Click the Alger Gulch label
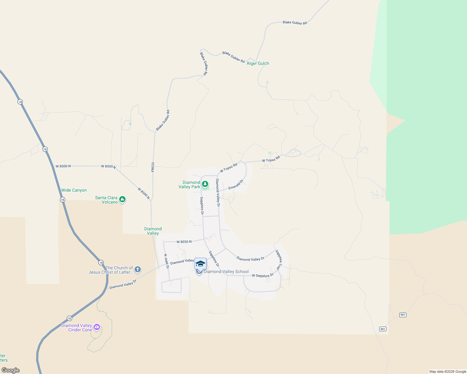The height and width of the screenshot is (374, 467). [x=258, y=64]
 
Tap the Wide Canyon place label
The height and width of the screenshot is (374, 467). [x=74, y=190]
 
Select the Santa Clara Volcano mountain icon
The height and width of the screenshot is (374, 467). [x=122, y=199]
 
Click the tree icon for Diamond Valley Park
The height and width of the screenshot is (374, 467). [x=205, y=184]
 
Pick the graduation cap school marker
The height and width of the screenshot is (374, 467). [x=200, y=264]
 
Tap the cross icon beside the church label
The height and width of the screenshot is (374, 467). [x=138, y=269]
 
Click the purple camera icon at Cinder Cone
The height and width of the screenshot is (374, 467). [x=97, y=327]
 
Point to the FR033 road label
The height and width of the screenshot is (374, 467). [x=153, y=167]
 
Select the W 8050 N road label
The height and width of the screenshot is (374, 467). [x=184, y=242]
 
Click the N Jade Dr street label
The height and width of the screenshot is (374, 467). [x=167, y=261]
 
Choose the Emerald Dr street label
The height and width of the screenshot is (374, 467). [x=236, y=185]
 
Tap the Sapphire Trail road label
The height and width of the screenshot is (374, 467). [x=278, y=260]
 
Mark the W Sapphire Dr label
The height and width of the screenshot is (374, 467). [x=263, y=276]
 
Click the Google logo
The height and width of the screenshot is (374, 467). [x=11, y=370]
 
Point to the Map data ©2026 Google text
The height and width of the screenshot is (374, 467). [x=448, y=372]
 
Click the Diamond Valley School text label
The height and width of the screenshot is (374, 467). [x=226, y=272]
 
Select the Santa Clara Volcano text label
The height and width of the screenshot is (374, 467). [x=106, y=200]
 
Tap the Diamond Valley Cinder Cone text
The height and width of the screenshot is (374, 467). [x=77, y=328]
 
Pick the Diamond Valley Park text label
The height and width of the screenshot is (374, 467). [x=189, y=185]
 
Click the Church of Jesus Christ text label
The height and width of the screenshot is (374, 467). [x=111, y=270]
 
